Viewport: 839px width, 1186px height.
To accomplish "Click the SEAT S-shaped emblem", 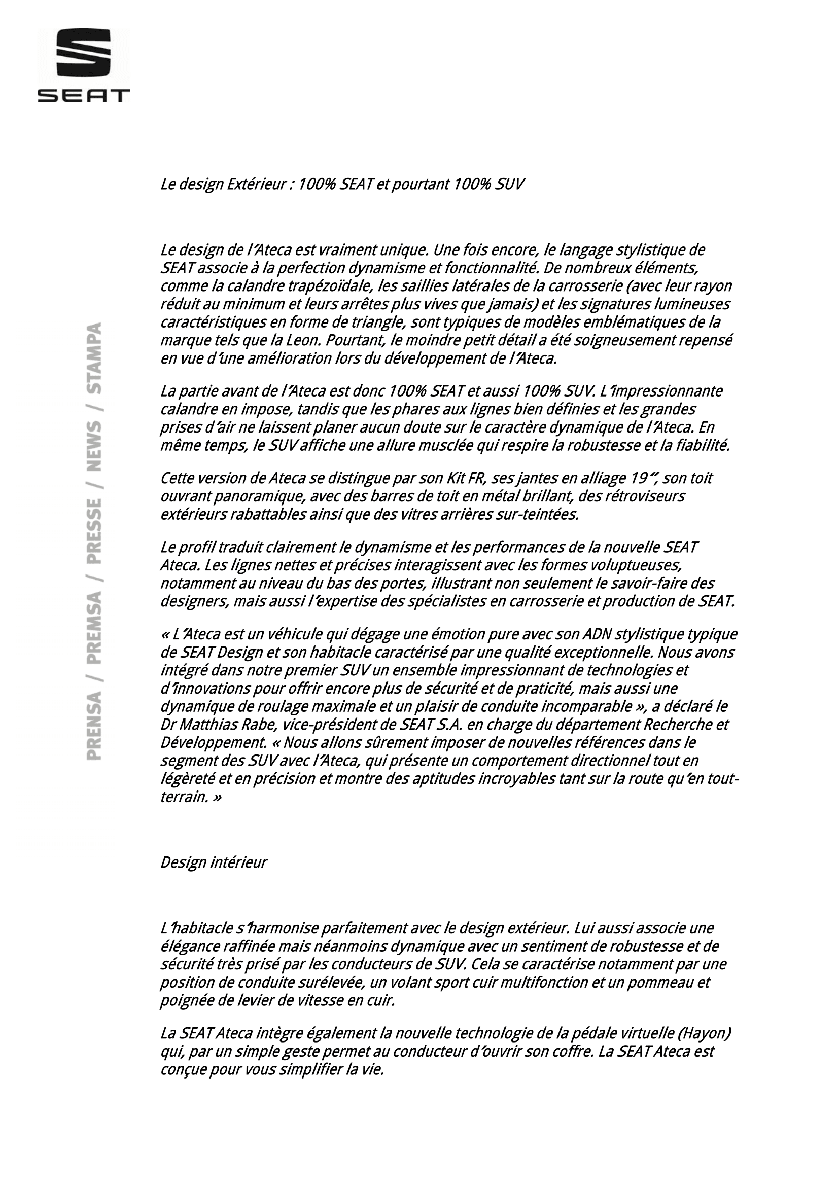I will pyautogui.click(x=84, y=53).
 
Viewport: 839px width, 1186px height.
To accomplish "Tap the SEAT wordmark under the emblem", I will pyautogui.click(x=84, y=95).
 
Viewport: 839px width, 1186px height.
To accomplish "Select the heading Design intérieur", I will pyautogui.click(x=214, y=862).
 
